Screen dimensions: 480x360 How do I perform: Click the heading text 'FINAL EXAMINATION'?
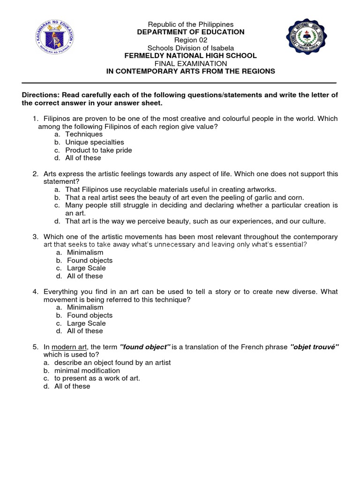[190, 63]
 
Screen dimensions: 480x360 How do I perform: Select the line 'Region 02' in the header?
[190, 40]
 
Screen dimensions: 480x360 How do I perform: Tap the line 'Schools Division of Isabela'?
[190, 48]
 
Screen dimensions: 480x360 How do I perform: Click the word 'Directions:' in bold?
[40, 95]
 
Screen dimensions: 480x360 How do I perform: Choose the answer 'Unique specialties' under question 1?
[95, 142]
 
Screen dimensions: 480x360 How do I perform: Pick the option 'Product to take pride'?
[98, 150]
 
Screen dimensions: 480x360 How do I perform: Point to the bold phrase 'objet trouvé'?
[315, 347]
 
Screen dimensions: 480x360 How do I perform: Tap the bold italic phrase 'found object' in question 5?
[145, 347]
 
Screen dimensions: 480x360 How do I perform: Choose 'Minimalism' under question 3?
[85, 252]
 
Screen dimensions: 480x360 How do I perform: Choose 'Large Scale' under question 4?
[86, 323]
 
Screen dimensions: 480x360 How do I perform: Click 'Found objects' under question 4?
[90, 315]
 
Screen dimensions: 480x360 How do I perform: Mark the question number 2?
[35, 174]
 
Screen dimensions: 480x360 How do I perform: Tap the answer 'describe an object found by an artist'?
[112, 362]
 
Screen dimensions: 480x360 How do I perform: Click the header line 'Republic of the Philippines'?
[190, 24]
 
